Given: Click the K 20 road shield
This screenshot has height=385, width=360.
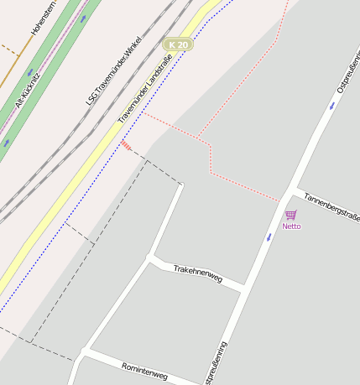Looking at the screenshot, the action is pyautogui.click(x=178, y=44).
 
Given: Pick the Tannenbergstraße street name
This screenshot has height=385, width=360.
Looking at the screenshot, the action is pyautogui.click(x=331, y=204).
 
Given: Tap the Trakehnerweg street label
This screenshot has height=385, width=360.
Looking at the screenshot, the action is pyautogui.click(x=197, y=273).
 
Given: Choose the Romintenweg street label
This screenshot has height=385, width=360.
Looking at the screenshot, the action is pyautogui.click(x=144, y=372).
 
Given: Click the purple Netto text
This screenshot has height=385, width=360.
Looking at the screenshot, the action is pyautogui.click(x=291, y=226).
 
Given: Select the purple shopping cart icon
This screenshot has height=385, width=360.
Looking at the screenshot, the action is pyautogui.click(x=290, y=215).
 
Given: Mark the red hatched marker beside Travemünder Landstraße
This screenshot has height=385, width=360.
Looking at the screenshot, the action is pyautogui.click(x=126, y=147).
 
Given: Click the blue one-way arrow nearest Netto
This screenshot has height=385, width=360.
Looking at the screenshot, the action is pyautogui.click(x=269, y=237).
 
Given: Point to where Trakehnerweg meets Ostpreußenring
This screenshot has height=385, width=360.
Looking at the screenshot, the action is pyautogui.click(x=243, y=290).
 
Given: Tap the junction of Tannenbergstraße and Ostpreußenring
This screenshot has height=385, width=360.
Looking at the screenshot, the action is pyautogui.click(x=294, y=190).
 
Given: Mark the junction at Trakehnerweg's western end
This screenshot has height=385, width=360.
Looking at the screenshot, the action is pyautogui.click(x=149, y=258).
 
